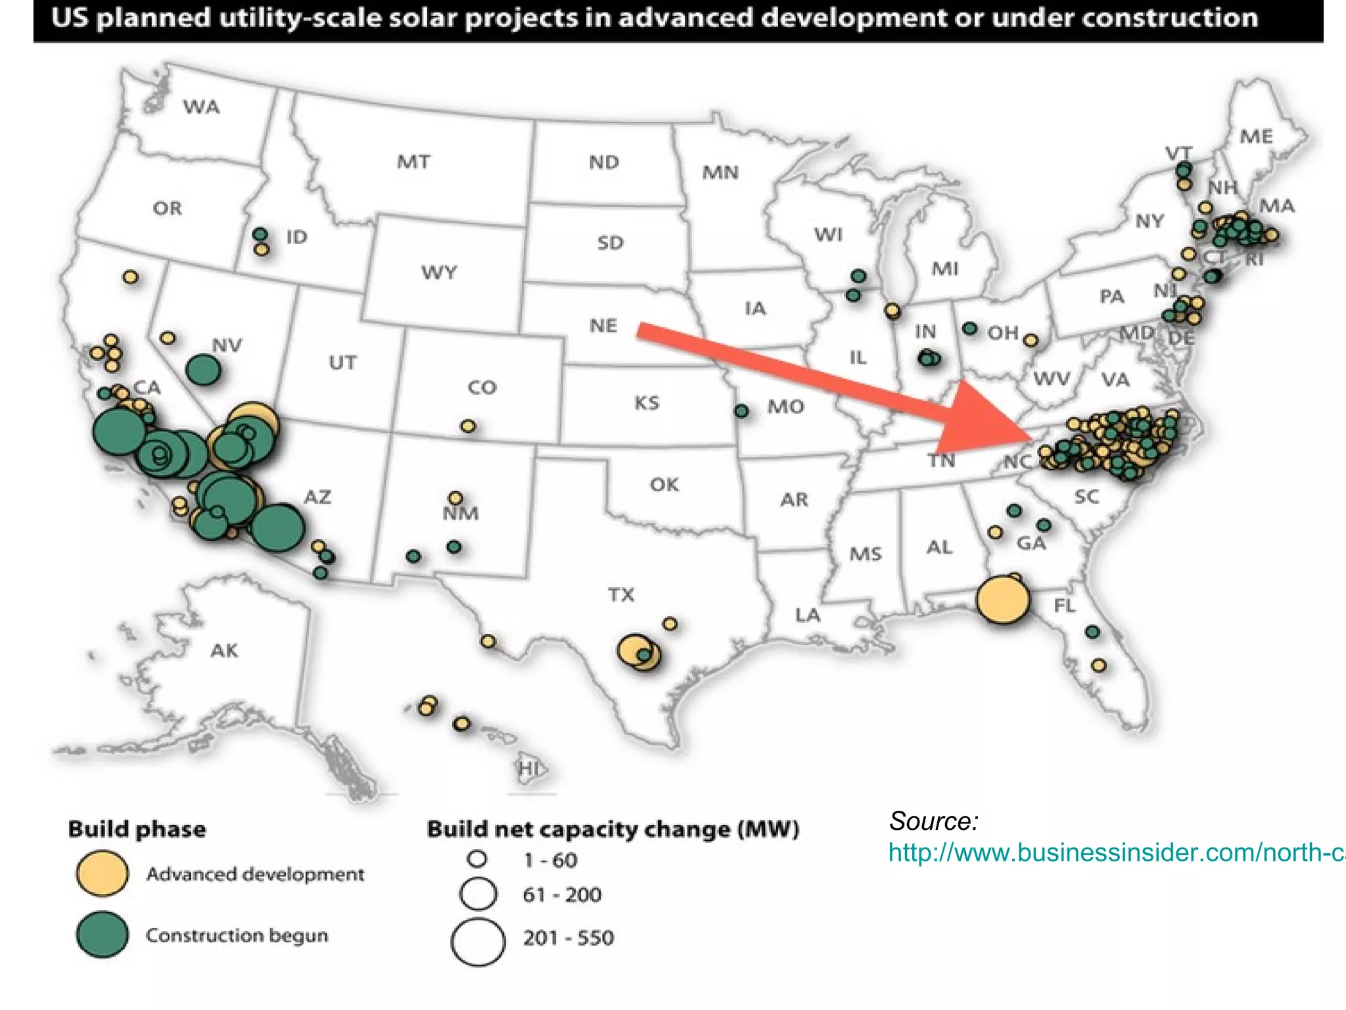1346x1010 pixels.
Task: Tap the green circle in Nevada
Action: pos(204,370)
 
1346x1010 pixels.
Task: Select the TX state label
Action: pos(621,595)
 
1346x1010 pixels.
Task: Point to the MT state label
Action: pos(413,162)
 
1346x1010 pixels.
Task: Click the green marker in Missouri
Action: pos(741,411)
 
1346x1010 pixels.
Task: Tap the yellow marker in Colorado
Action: pos(468,426)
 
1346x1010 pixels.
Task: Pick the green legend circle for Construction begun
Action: pos(103,934)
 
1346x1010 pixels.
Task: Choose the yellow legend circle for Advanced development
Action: pos(103,873)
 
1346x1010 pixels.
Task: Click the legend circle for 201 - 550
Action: pos(478,942)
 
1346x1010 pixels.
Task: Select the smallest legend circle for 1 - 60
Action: pos(477,859)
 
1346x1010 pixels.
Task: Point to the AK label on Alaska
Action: pos(224,651)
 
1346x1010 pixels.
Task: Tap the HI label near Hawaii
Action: pos(528,768)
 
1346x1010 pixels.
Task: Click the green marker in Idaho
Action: pos(260,234)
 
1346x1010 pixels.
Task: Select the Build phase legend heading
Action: pos(137,829)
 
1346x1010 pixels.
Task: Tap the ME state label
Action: pos(1256,137)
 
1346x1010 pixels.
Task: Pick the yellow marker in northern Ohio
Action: pos(1031,340)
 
